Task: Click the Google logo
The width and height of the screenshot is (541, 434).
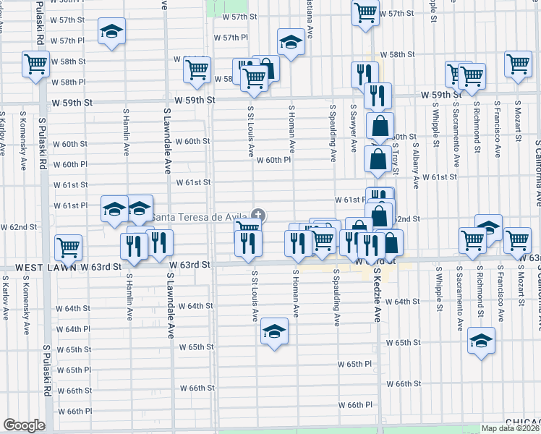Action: [x=24, y=425]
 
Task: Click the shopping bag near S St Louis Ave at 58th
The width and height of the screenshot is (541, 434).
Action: [x=266, y=68]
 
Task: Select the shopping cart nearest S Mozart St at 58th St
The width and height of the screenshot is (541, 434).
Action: [x=518, y=63]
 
